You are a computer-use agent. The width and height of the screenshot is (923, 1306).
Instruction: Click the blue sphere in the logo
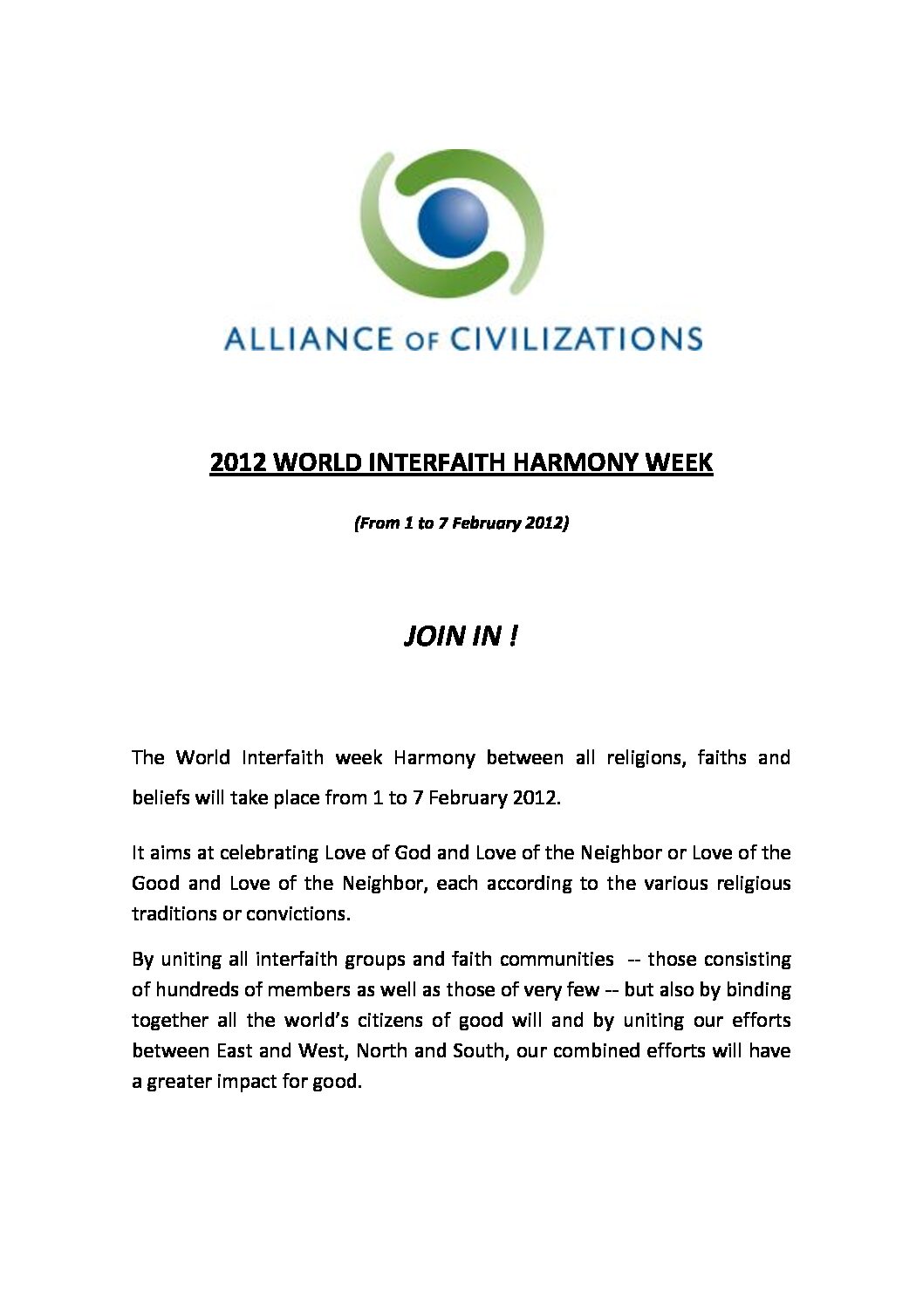[x=452, y=222]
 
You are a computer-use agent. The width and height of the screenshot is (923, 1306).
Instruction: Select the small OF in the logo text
[x=420, y=341]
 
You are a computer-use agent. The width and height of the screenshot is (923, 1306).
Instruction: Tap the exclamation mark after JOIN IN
[x=513, y=636]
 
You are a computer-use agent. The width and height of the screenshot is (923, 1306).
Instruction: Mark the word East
[x=234, y=1051]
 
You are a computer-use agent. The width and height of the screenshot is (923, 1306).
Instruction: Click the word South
[x=478, y=1051]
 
